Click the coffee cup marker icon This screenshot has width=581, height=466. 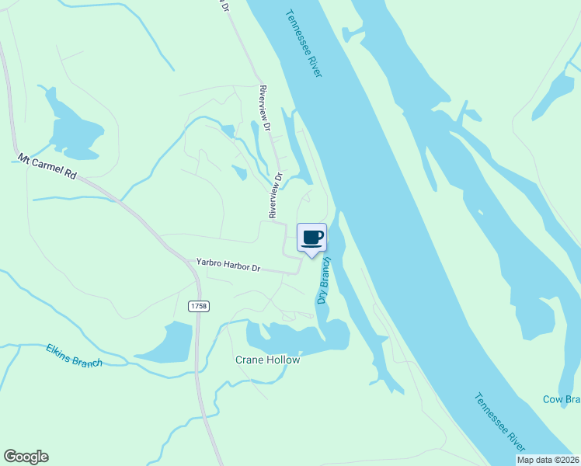pos(311,237)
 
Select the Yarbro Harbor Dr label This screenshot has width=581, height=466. pos(228,266)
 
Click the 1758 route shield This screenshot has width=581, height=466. pos(198,307)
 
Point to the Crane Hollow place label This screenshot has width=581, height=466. pos(267,360)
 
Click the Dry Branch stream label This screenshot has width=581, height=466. pos(324,280)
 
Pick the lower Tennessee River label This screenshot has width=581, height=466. pos(499,421)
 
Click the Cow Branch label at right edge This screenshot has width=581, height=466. pos(561,399)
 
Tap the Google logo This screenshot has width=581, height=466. pos(26,457)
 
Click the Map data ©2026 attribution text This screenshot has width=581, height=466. pos(548,460)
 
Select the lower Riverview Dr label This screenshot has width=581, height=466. pos(276,198)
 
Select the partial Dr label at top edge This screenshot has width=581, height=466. pos(225,5)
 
